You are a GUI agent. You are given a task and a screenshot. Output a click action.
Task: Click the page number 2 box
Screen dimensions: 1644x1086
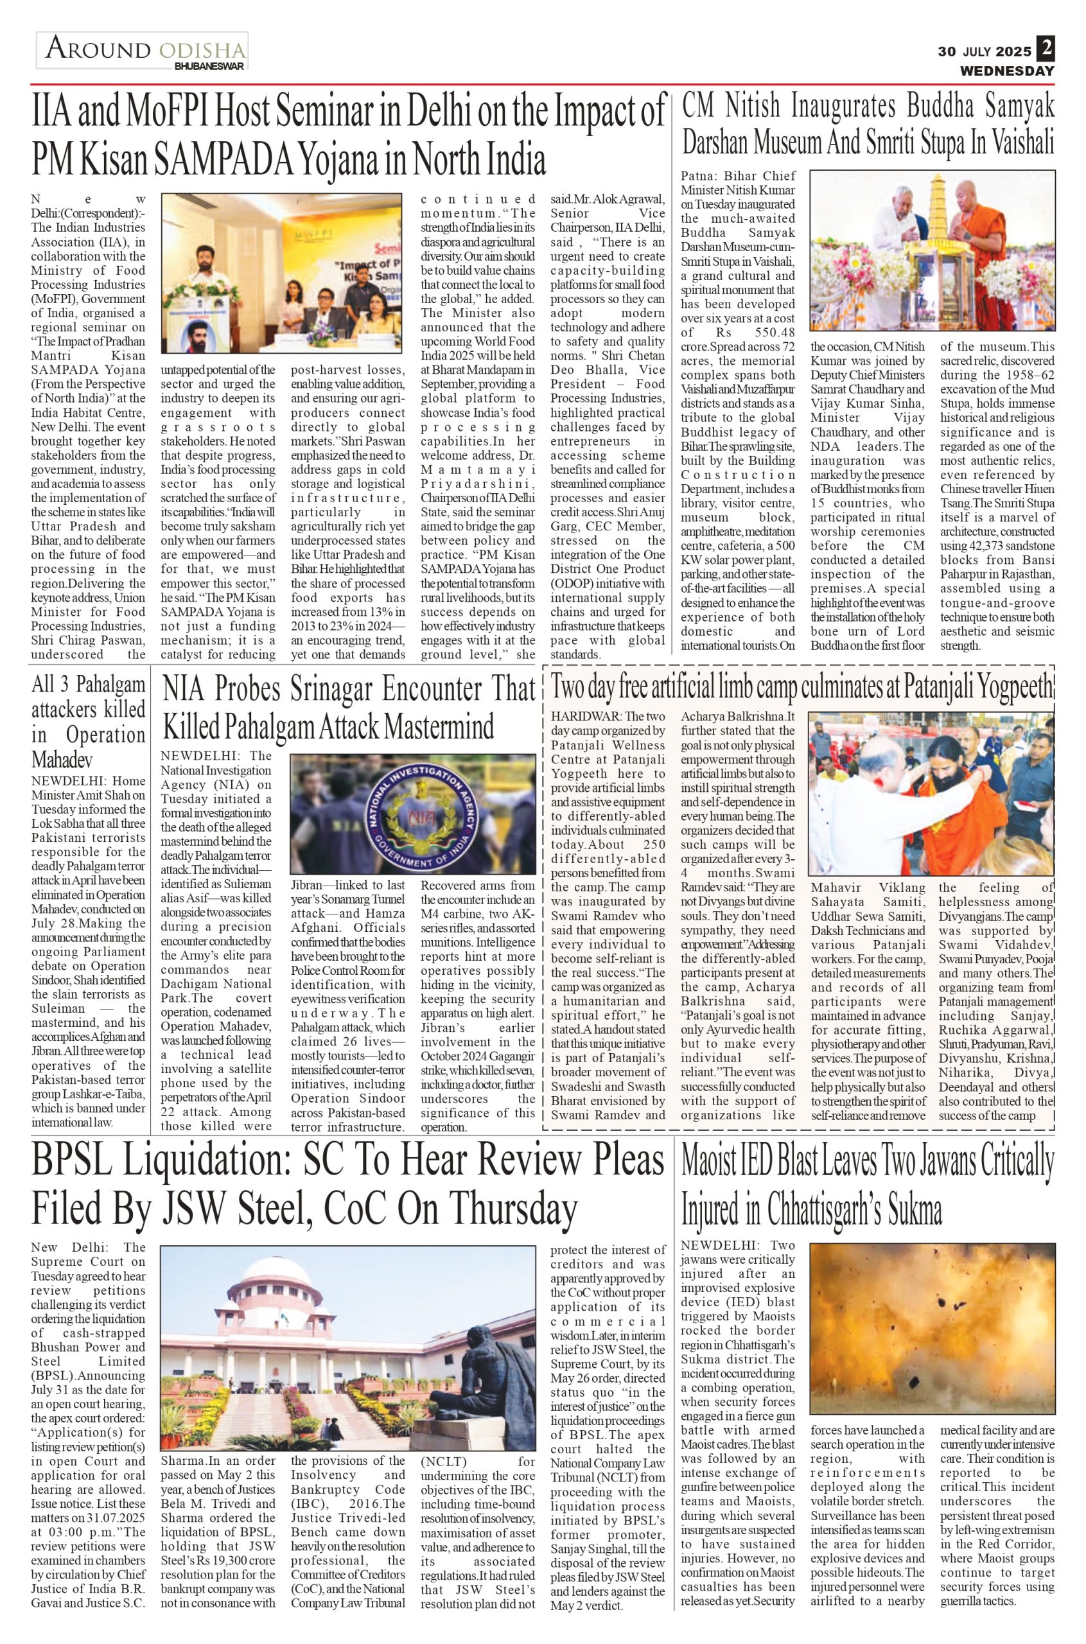(x=1045, y=49)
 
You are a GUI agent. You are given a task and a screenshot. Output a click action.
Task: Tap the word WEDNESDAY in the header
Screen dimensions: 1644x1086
(x=1006, y=71)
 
